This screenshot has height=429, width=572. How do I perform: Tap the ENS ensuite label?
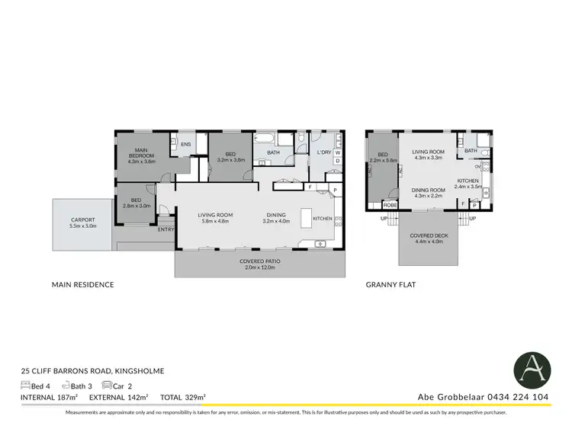coord(185,142)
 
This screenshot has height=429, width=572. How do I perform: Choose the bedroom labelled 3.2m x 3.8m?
coord(231,156)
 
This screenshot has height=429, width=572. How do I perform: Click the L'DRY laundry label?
coord(323,152)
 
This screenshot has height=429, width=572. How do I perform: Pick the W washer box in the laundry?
coord(337,152)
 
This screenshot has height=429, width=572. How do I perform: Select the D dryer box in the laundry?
coord(337,161)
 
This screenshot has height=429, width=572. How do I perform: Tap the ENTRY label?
coord(165,229)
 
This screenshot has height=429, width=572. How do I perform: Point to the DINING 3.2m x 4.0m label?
coord(276,218)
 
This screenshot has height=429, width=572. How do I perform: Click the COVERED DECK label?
coord(427,239)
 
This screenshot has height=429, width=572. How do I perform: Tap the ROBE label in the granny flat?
coord(390,205)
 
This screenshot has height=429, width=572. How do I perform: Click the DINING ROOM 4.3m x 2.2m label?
coord(427,193)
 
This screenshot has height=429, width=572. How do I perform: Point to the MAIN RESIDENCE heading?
coord(82,285)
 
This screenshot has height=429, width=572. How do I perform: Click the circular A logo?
coord(531,370)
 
